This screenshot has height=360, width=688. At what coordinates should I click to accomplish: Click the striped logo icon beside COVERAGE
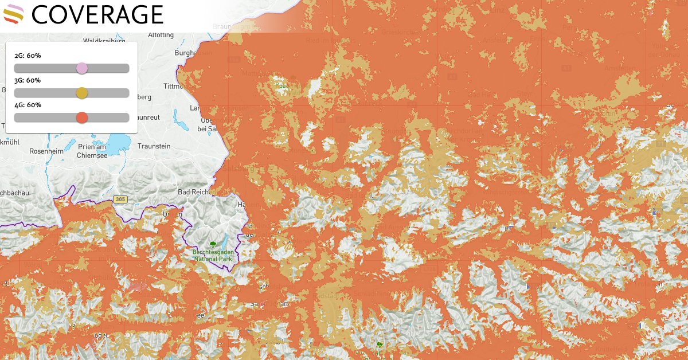point(13,14)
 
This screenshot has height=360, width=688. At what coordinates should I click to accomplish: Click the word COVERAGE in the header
point(97,15)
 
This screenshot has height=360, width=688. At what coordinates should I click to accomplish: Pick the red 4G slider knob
point(82,118)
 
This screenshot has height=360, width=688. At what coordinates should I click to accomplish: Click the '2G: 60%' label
point(28,56)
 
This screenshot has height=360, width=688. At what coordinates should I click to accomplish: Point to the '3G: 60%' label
point(28,80)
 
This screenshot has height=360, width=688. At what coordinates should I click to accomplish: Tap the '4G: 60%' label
point(28,105)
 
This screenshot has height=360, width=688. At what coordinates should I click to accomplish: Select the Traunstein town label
point(153,146)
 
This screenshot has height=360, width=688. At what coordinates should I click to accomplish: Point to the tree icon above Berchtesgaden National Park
point(213,243)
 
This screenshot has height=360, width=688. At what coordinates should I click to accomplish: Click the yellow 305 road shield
point(119,199)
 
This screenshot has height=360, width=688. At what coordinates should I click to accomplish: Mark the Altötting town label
point(161,35)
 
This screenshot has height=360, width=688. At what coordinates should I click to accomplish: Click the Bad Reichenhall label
point(196,191)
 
